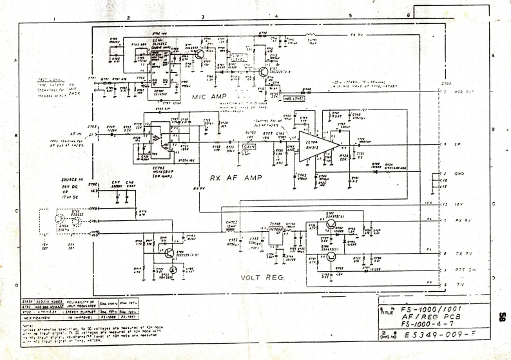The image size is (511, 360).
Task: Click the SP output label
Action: coord(456,144)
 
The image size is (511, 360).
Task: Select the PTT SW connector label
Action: coord(459,269)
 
